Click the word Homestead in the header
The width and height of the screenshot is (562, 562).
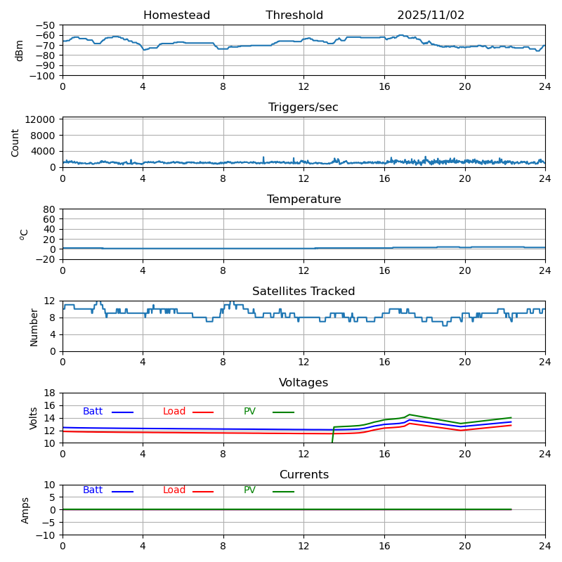(176, 15)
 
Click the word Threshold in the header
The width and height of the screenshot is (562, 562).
(294, 15)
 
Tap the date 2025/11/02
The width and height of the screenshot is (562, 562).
(431, 15)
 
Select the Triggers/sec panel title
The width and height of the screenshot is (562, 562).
(303, 107)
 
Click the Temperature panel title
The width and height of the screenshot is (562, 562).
(303, 200)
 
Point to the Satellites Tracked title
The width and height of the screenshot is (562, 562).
(303, 292)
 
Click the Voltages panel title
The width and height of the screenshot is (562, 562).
(303, 383)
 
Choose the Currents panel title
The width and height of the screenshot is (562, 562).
(303, 475)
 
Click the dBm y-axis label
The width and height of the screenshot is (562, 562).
(20, 50)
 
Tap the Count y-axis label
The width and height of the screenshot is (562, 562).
(15, 142)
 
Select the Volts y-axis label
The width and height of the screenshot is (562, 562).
(34, 418)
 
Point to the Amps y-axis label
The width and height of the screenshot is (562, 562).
(25, 510)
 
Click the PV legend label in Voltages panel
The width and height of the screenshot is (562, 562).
(249, 412)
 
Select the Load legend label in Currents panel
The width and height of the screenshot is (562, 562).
(174, 490)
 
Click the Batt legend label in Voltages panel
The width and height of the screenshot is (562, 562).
(93, 412)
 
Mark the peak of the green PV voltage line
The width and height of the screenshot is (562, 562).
(410, 414)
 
